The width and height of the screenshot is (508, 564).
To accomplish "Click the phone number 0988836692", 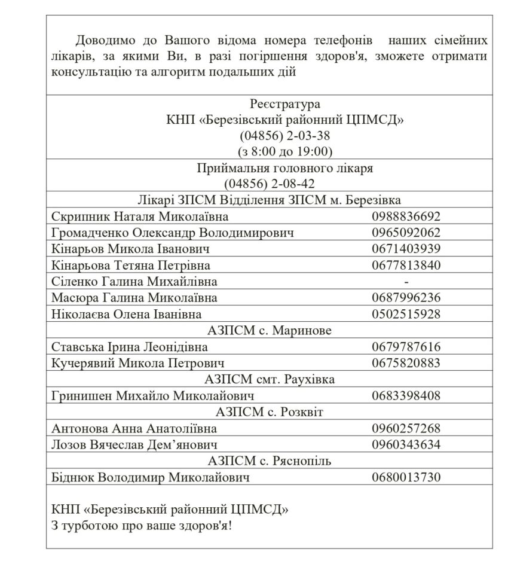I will pos(406,217).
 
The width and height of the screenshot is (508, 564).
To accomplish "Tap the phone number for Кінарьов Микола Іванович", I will pos(406,249).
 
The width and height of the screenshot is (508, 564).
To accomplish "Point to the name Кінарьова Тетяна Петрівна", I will pos(131,265).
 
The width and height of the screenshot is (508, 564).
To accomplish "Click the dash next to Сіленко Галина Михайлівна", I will pos(406,281).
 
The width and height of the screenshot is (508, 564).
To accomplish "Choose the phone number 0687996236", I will pos(406,297).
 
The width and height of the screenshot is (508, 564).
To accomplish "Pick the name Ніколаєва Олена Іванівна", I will pos(127,314).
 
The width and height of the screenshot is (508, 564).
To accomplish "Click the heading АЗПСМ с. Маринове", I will pos(269,331).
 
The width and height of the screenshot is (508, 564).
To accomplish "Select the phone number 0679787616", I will pos(406,347).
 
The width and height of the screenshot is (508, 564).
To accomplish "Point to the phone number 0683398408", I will pos(406,395).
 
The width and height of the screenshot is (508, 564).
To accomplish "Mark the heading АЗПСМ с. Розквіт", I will pos(269,411).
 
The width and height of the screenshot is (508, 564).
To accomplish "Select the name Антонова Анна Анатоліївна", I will pos(134,428).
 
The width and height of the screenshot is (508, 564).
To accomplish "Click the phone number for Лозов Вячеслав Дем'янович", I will pos(406,444).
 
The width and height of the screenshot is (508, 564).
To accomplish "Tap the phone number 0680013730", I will pos(406,477).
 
